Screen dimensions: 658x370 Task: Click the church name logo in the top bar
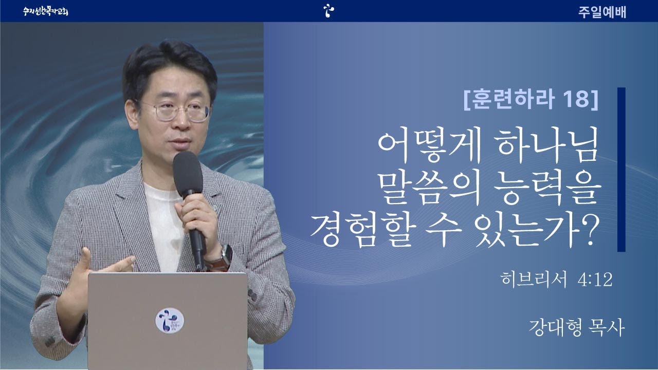(46, 11)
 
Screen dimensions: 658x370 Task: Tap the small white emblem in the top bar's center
(328, 11)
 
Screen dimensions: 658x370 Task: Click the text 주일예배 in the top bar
(602, 12)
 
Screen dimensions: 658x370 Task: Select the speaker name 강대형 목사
(576, 327)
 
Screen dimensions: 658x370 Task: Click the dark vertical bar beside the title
(622, 170)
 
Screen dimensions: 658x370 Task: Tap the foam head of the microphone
(188, 174)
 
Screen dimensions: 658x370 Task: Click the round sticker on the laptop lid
(170, 320)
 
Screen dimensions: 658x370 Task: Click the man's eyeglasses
(176, 110)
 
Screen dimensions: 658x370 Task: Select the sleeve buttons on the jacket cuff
(50, 341)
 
